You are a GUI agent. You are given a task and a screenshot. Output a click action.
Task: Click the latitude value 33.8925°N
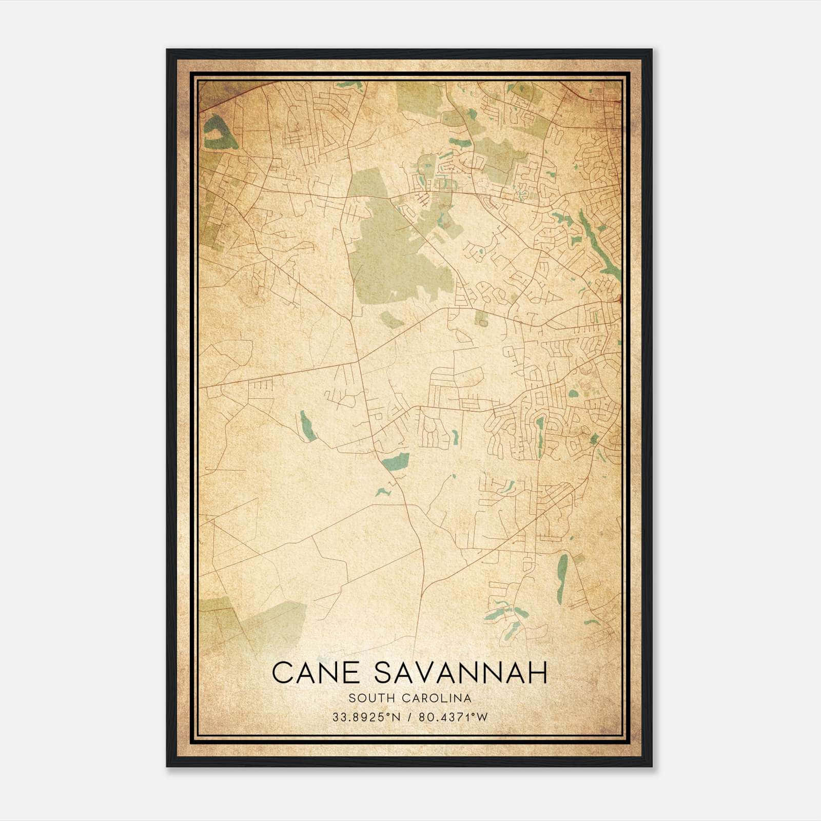[365, 717]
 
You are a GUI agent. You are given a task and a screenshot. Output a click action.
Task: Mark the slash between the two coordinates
[409, 717]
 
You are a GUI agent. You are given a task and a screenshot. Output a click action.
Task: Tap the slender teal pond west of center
[307, 425]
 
